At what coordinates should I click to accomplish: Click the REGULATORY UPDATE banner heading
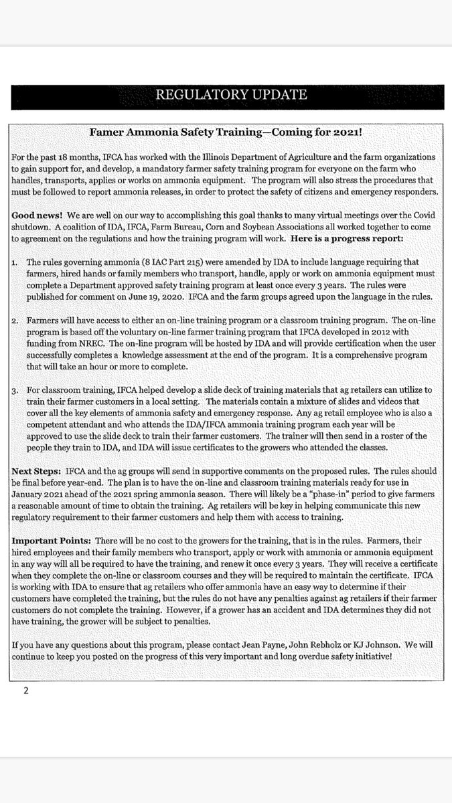(x=231, y=94)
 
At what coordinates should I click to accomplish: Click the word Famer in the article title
(x=113, y=132)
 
